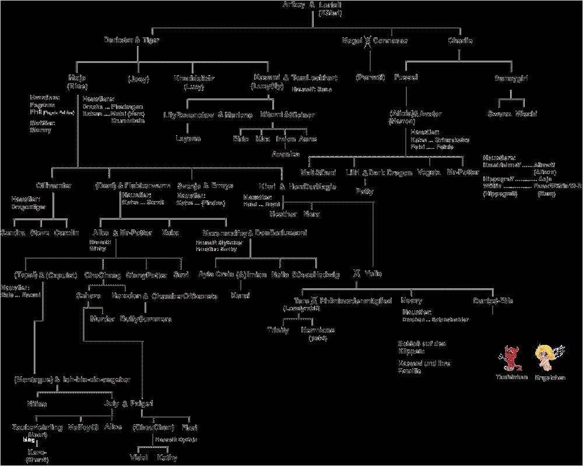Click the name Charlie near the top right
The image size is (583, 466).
coord(460,41)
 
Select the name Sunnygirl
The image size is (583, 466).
coord(511,77)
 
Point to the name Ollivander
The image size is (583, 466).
coord(54,186)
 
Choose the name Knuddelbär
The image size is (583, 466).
coord(194,77)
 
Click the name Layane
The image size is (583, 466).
coord(188,139)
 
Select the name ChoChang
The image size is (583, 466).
coord(103,275)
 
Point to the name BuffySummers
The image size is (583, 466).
coord(146,319)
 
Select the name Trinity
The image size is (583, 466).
coord(278,330)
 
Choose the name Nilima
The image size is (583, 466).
coord(36,403)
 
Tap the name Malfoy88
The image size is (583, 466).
coord(80,427)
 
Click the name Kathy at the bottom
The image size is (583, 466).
coord(167,458)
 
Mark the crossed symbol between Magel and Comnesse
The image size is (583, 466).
coord(367,41)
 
